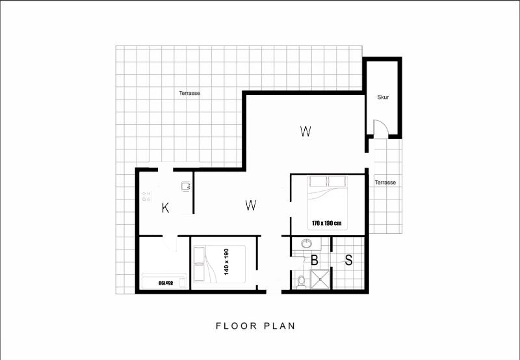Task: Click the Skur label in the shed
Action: coord(383,97)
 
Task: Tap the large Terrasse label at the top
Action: coord(189,93)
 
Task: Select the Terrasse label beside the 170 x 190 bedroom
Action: coord(385,183)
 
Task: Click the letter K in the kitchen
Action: coord(166,208)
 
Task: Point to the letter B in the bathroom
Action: coord(315,260)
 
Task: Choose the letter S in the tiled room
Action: coord(348,260)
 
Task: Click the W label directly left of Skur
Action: coord(305,132)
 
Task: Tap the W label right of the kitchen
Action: coord(251,205)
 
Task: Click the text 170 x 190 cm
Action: coord(327,223)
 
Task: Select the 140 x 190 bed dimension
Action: coord(226,262)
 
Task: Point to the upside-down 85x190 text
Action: coord(166,283)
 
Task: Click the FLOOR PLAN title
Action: coord(255,326)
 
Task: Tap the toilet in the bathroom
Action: coord(301,282)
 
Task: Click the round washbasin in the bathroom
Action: coord(306,244)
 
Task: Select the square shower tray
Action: coord(320,279)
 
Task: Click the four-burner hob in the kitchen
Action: coord(146,196)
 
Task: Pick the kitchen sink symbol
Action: coord(186,186)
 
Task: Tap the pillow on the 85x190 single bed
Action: coord(182,282)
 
